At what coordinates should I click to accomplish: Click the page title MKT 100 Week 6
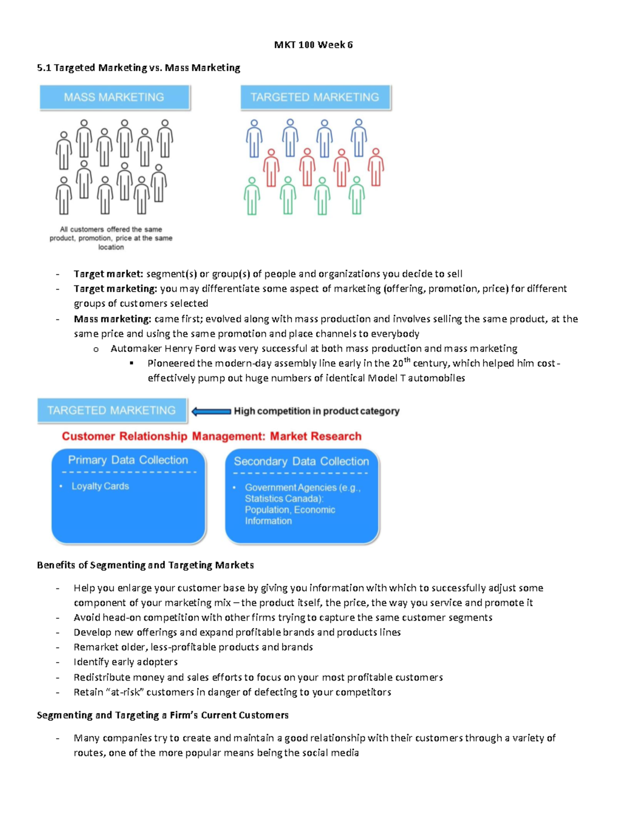(x=313, y=44)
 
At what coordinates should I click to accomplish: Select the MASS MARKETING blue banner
(x=114, y=97)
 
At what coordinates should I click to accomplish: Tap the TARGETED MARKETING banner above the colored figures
(x=315, y=97)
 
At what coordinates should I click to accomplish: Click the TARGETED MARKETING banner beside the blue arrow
(x=111, y=410)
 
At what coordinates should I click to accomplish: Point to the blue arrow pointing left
(x=211, y=411)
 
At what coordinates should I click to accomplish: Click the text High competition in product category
(x=316, y=411)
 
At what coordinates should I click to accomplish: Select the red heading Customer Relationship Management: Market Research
(x=211, y=436)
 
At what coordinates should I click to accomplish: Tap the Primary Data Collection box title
(x=128, y=460)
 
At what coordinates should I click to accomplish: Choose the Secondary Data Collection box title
(x=301, y=461)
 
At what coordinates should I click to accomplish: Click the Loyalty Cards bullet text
(x=100, y=486)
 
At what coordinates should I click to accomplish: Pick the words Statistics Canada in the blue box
(x=283, y=499)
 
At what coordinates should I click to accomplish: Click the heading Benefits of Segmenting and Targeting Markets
(x=145, y=565)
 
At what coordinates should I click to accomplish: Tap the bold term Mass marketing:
(x=112, y=319)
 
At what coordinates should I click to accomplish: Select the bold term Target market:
(x=108, y=274)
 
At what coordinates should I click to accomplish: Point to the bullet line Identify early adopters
(x=126, y=662)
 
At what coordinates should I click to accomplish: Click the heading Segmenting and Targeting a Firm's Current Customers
(x=162, y=715)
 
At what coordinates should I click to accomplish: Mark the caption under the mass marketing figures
(x=111, y=238)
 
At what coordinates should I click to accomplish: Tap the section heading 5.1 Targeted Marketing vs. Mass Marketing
(x=139, y=68)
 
